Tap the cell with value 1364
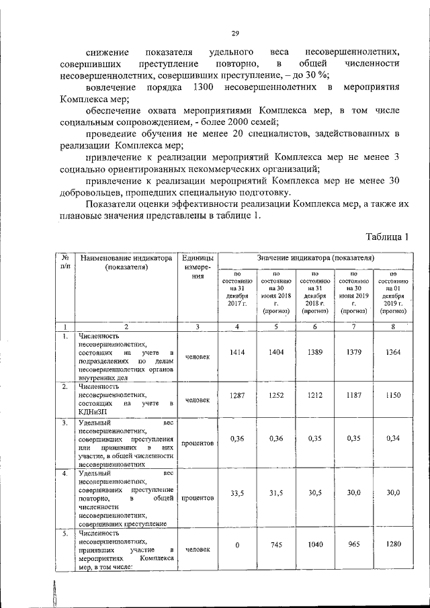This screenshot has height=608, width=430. click(394, 352)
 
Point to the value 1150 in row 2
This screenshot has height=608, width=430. click(394, 397)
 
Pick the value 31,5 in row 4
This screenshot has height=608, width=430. click(277, 493)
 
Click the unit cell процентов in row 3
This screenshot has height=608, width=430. click(197, 443)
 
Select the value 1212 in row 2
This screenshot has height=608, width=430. click(316, 397)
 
